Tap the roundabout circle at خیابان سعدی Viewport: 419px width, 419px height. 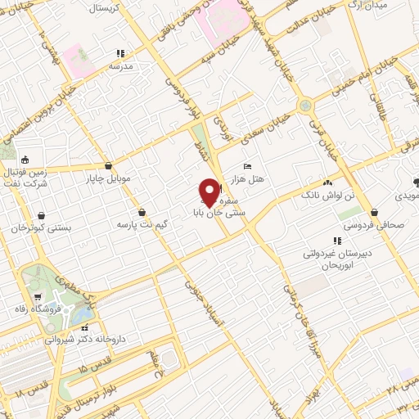point(305,105)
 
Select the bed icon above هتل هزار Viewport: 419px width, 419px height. point(249,167)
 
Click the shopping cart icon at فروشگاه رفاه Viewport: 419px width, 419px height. point(38,296)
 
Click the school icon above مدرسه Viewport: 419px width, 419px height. point(121,54)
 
